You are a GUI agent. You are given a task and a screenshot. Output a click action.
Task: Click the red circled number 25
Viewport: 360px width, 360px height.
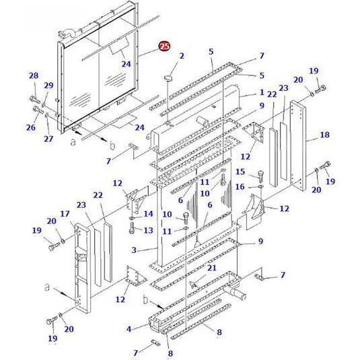click(164, 46)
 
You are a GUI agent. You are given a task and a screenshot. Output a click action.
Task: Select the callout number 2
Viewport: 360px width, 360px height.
click(181, 56)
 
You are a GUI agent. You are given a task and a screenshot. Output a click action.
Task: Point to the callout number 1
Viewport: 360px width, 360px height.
click(262, 92)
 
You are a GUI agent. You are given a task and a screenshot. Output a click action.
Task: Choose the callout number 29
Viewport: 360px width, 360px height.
click(48, 85)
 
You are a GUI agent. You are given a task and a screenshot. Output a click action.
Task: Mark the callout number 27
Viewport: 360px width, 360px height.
click(48, 139)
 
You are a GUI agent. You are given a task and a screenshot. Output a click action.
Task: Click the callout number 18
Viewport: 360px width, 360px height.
click(324, 135)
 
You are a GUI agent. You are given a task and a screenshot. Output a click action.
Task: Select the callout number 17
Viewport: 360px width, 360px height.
click(65, 214)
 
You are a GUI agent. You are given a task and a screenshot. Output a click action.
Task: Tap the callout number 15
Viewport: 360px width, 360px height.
click(240, 172)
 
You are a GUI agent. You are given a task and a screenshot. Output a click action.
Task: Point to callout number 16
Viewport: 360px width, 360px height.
click(240, 186)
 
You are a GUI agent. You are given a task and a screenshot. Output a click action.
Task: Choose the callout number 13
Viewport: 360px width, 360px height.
click(149, 230)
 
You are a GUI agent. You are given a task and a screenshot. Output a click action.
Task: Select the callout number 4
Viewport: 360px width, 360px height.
click(129, 329)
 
